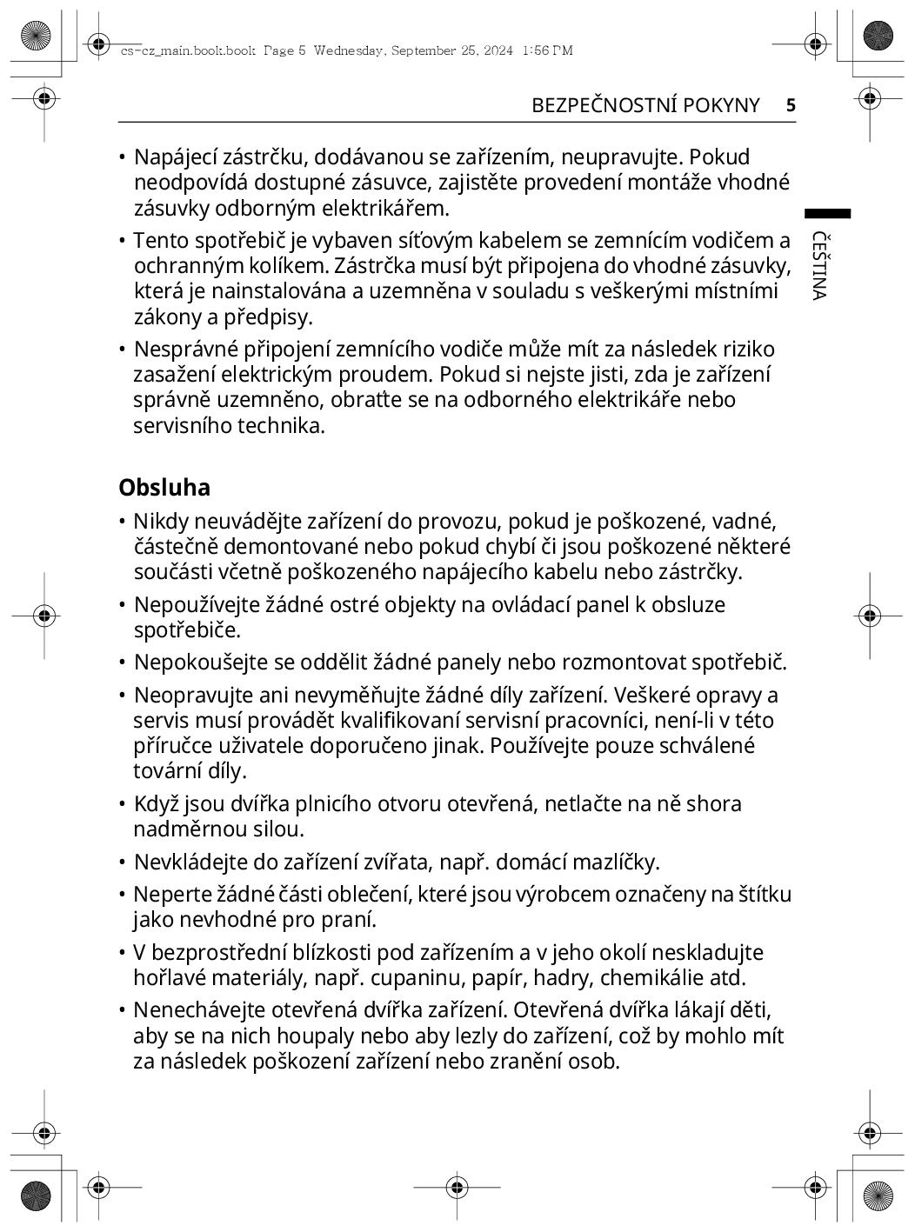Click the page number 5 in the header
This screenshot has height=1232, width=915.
pos(791,105)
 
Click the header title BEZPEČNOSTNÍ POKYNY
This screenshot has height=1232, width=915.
pos(645,105)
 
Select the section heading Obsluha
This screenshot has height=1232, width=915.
pos(164,487)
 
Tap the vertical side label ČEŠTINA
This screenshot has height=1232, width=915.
pos(818,265)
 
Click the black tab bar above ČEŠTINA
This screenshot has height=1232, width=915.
pos(827,213)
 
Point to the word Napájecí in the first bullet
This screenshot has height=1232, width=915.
pos(175,157)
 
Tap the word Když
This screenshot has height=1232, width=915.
pos(155,804)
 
